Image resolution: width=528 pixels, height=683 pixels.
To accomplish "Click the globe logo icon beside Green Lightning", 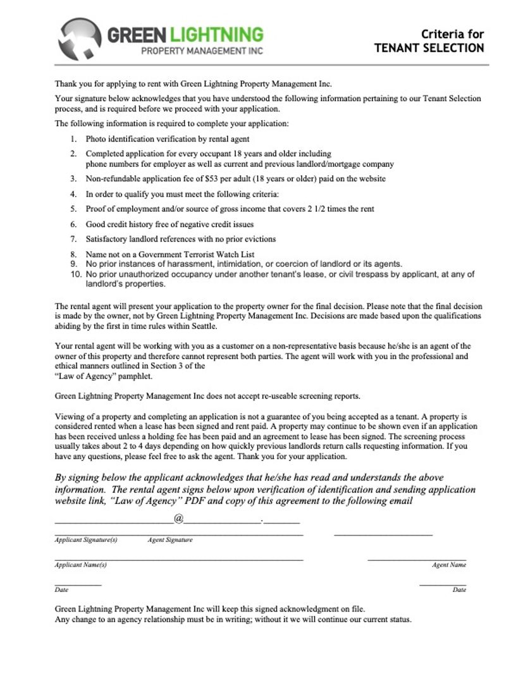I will pyautogui.click(x=80, y=39).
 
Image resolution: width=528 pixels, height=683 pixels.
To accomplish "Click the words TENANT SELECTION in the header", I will pyautogui.click(x=429, y=49).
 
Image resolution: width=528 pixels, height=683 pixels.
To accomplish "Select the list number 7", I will pyautogui.click(x=73, y=240).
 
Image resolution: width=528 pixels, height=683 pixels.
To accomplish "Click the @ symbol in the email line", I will pyautogui.click(x=178, y=519).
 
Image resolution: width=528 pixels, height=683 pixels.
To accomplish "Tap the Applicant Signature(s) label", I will pyautogui.click(x=86, y=540).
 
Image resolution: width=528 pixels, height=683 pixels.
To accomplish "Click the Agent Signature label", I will pyautogui.click(x=170, y=540).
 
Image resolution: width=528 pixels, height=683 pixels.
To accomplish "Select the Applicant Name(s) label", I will pyautogui.click(x=81, y=565).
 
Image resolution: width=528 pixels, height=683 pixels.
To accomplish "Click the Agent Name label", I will pyautogui.click(x=449, y=565).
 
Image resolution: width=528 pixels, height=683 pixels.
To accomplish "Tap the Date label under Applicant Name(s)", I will pyautogui.click(x=61, y=589).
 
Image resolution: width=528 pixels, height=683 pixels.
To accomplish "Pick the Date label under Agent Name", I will pyautogui.click(x=459, y=589).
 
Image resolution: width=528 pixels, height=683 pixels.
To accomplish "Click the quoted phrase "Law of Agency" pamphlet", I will pyautogui.click(x=104, y=376).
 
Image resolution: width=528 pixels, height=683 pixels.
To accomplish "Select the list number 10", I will pyautogui.click(x=75, y=274).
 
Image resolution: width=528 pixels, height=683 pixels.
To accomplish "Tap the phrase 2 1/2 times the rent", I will pyautogui.click(x=338, y=209).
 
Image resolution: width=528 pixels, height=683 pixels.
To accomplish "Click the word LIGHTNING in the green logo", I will pyautogui.click(x=219, y=34).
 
